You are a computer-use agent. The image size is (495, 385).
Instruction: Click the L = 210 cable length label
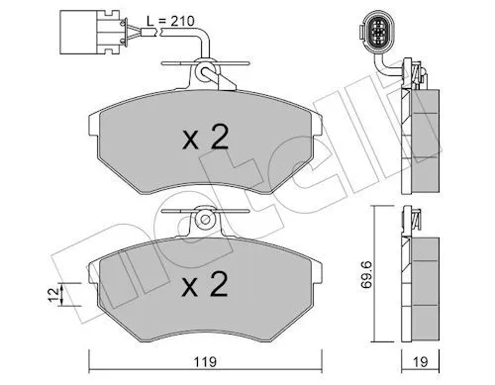point(170,22)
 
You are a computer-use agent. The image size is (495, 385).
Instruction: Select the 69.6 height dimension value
point(367,275)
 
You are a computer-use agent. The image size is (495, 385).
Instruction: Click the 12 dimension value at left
point(53,294)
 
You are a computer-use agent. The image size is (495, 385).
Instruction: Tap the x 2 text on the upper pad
point(205,138)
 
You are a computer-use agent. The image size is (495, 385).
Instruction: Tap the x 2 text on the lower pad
point(205,284)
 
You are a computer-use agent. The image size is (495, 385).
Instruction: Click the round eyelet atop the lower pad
point(205,220)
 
